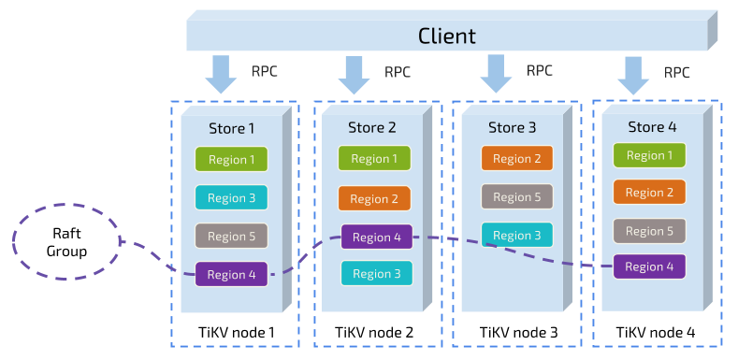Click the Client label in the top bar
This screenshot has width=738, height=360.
point(446,36)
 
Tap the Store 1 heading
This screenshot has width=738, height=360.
point(231,128)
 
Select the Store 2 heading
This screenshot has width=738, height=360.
point(372,127)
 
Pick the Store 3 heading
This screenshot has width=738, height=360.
point(513,127)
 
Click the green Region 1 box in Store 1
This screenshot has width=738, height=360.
point(231,160)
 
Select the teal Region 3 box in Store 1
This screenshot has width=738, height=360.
point(231,198)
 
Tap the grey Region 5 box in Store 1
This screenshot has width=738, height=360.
point(231,237)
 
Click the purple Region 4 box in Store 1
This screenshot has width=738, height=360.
point(231,275)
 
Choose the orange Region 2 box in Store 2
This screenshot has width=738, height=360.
point(374,199)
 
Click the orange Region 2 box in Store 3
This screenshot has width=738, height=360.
point(517,159)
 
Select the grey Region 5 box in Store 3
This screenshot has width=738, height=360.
point(517,197)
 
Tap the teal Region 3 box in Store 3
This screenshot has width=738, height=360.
point(517,236)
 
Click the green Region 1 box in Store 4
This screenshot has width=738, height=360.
point(649,155)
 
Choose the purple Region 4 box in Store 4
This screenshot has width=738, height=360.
point(649,266)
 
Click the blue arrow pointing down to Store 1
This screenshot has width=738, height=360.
point(222,75)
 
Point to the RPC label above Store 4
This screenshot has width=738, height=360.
point(677,72)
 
